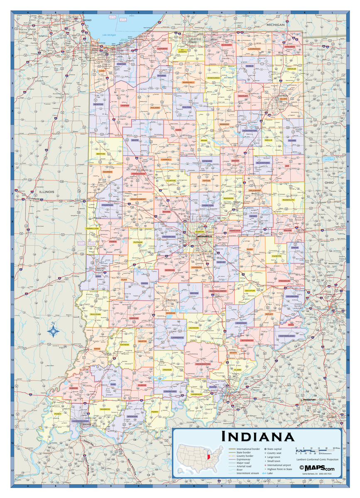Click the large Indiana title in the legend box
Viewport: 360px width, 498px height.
pos(257,437)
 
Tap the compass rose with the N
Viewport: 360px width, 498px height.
pos(54,331)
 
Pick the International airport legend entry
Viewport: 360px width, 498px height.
pos(279,465)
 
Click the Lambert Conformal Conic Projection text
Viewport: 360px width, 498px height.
pos(317,459)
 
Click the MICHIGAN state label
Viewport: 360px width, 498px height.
pos(276,25)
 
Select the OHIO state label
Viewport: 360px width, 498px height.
pos(329,182)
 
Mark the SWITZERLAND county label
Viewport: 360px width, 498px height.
pos(287,335)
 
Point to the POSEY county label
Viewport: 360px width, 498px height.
pos(57,414)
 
